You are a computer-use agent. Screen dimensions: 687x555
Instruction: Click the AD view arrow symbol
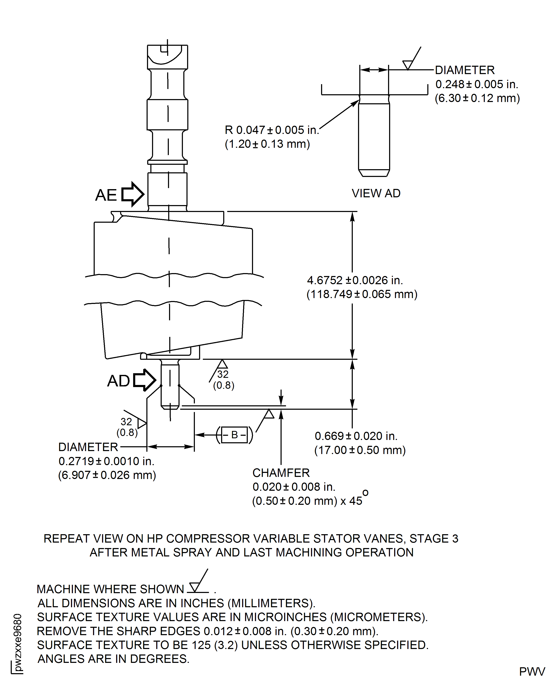pyautogui.click(x=144, y=380)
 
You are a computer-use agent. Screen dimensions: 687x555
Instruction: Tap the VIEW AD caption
pyautogui.click(x=376, y=193)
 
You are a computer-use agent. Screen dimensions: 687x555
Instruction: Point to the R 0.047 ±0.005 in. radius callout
pyautogui.click(x=272, y=130)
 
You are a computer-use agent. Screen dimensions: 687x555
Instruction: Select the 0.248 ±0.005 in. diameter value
pyautogui.click(x=476, y=84)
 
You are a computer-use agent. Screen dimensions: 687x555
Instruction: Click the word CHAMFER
pyautogui.click(x=281, y=473)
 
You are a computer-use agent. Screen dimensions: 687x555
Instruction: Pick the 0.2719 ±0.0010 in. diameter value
pyautogui.click(x=106, y=461)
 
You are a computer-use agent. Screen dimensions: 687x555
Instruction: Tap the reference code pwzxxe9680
pyautogui.click(x=18, y=642)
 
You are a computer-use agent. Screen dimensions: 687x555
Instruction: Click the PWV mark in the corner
pyautogui.click(x=532, y=672)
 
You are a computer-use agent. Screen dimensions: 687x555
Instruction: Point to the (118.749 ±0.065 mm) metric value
pyautogui.click(x=362, y=294)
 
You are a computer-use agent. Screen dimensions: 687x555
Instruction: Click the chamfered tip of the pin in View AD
pyautogui.click(x=374, y=173)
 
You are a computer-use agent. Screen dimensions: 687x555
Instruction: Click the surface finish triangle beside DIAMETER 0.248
pyautogui.click(x=408, y=65)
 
